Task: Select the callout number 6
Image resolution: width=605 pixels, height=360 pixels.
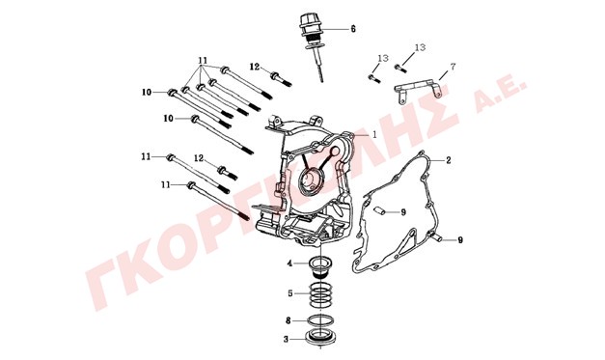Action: (x=353, y=29)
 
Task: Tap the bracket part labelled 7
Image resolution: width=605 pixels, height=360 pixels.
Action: (x=418, y=92)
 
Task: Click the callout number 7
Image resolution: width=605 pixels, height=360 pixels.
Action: (x=453, y=67)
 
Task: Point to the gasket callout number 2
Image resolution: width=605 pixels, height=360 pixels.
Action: (x=449, y=160)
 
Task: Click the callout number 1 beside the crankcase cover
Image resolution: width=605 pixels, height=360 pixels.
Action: (x=373, y=134)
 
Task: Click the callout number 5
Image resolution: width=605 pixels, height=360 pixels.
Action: (x=290, y=293)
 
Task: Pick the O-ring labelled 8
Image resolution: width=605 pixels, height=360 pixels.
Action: (x=321, y=319)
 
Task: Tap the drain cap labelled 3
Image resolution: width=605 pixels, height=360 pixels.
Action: (x=321, y=336)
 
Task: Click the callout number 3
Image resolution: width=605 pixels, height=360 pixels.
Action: (x=286, y=340)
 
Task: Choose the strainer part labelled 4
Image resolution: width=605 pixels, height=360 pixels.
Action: (x=320, y=267)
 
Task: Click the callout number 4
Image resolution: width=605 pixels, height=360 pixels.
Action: (x=289, y=263)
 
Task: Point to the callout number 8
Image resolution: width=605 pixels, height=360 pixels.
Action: (x=288, y=320)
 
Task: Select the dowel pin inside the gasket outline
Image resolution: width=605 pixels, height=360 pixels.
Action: (x=378, y=210)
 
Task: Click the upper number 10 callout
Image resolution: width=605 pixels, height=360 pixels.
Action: (x=147, y=93)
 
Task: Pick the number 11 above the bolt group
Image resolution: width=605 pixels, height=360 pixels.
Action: (x=203, y=61)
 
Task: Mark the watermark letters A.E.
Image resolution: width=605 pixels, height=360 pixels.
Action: (x=501, y=95)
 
